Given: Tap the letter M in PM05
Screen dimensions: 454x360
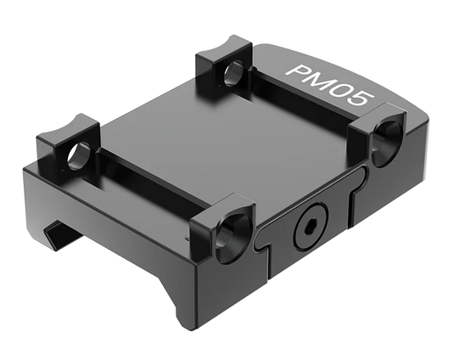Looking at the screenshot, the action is pos(319,82).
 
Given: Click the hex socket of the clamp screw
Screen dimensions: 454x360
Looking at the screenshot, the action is pos(310,228).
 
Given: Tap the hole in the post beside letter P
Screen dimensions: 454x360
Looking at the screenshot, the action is pos(234,73).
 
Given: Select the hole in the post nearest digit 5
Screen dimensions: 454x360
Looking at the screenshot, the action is pos(388,144).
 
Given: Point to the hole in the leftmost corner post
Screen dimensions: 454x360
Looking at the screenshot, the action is pos(78,156).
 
